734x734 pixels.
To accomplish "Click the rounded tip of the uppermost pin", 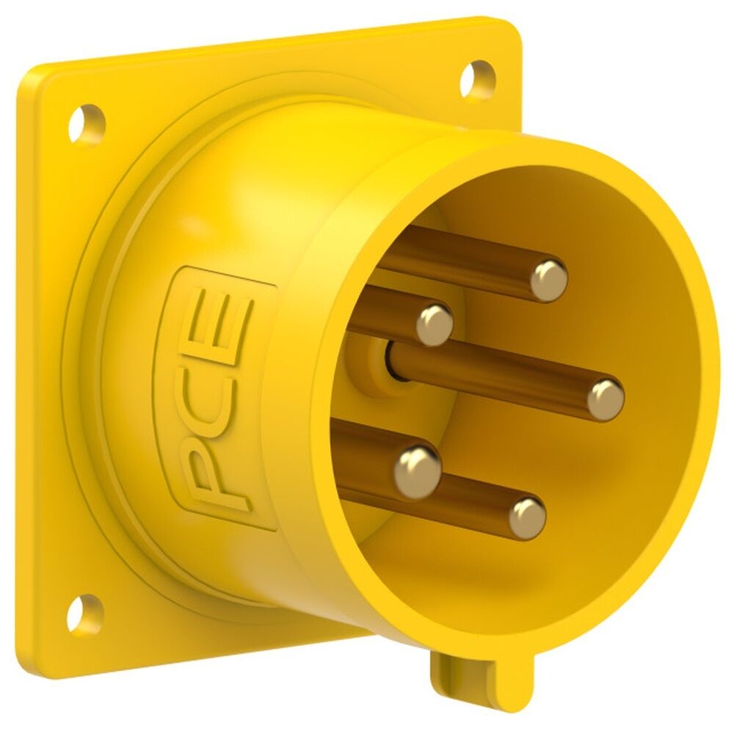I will (x=548, y=280).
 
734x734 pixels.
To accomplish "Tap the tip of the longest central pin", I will (x=606, y=399).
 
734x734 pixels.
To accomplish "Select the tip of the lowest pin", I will (x=527, y=517).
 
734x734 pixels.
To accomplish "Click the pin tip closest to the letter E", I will (x=435, y=324).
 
